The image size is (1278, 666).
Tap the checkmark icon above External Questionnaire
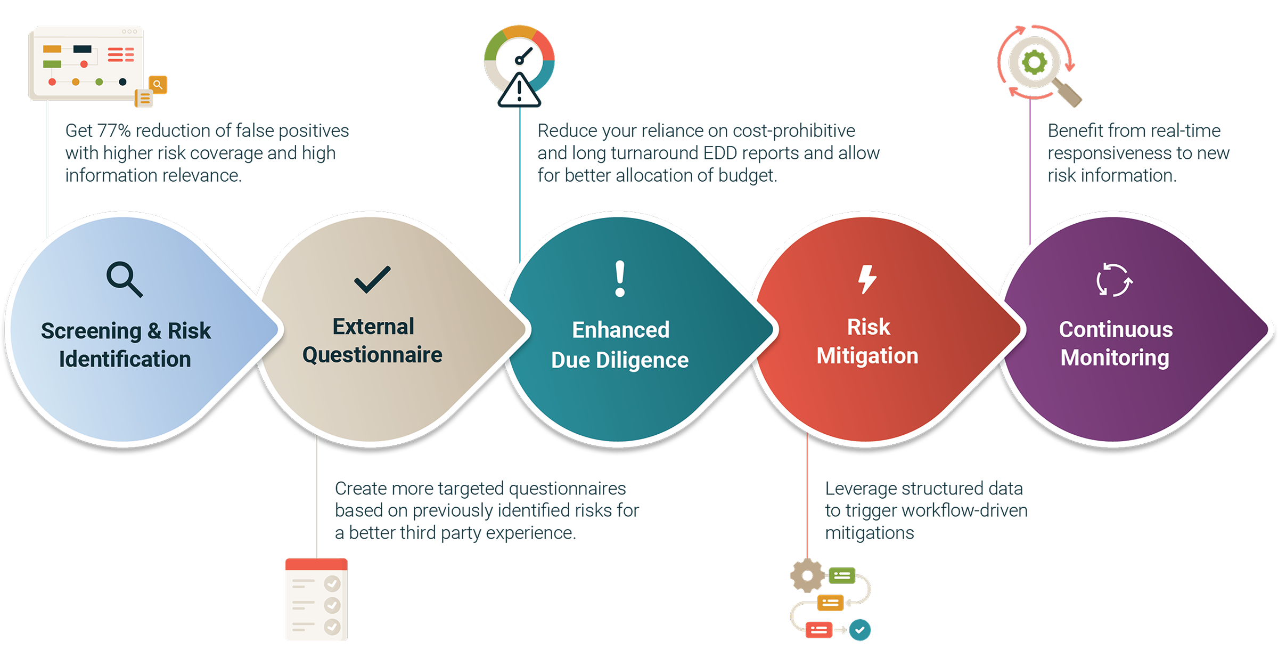[x=372, y=279]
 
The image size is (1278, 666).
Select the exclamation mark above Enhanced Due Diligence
[x=620, y=278]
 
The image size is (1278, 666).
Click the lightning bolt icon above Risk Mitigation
[x=867, y=279]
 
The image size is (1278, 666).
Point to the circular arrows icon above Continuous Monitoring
[x=1114, y=280]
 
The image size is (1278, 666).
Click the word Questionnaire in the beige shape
[x=372, y=355]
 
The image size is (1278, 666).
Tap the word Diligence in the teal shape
[x=642, y=360]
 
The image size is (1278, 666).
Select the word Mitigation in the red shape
[x=867, y=356]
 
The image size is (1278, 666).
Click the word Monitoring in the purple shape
[x=1115, y=358]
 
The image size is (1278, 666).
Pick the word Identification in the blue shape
[x=125, y=359]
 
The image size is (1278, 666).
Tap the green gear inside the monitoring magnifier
[x=1034, y=63]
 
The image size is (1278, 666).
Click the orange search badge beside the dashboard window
[x=158, y=84]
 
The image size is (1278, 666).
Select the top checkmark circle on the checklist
[x=332, y=583]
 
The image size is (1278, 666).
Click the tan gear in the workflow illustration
[x=807, y=575]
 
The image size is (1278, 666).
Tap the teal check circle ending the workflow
[x=859, y=630]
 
